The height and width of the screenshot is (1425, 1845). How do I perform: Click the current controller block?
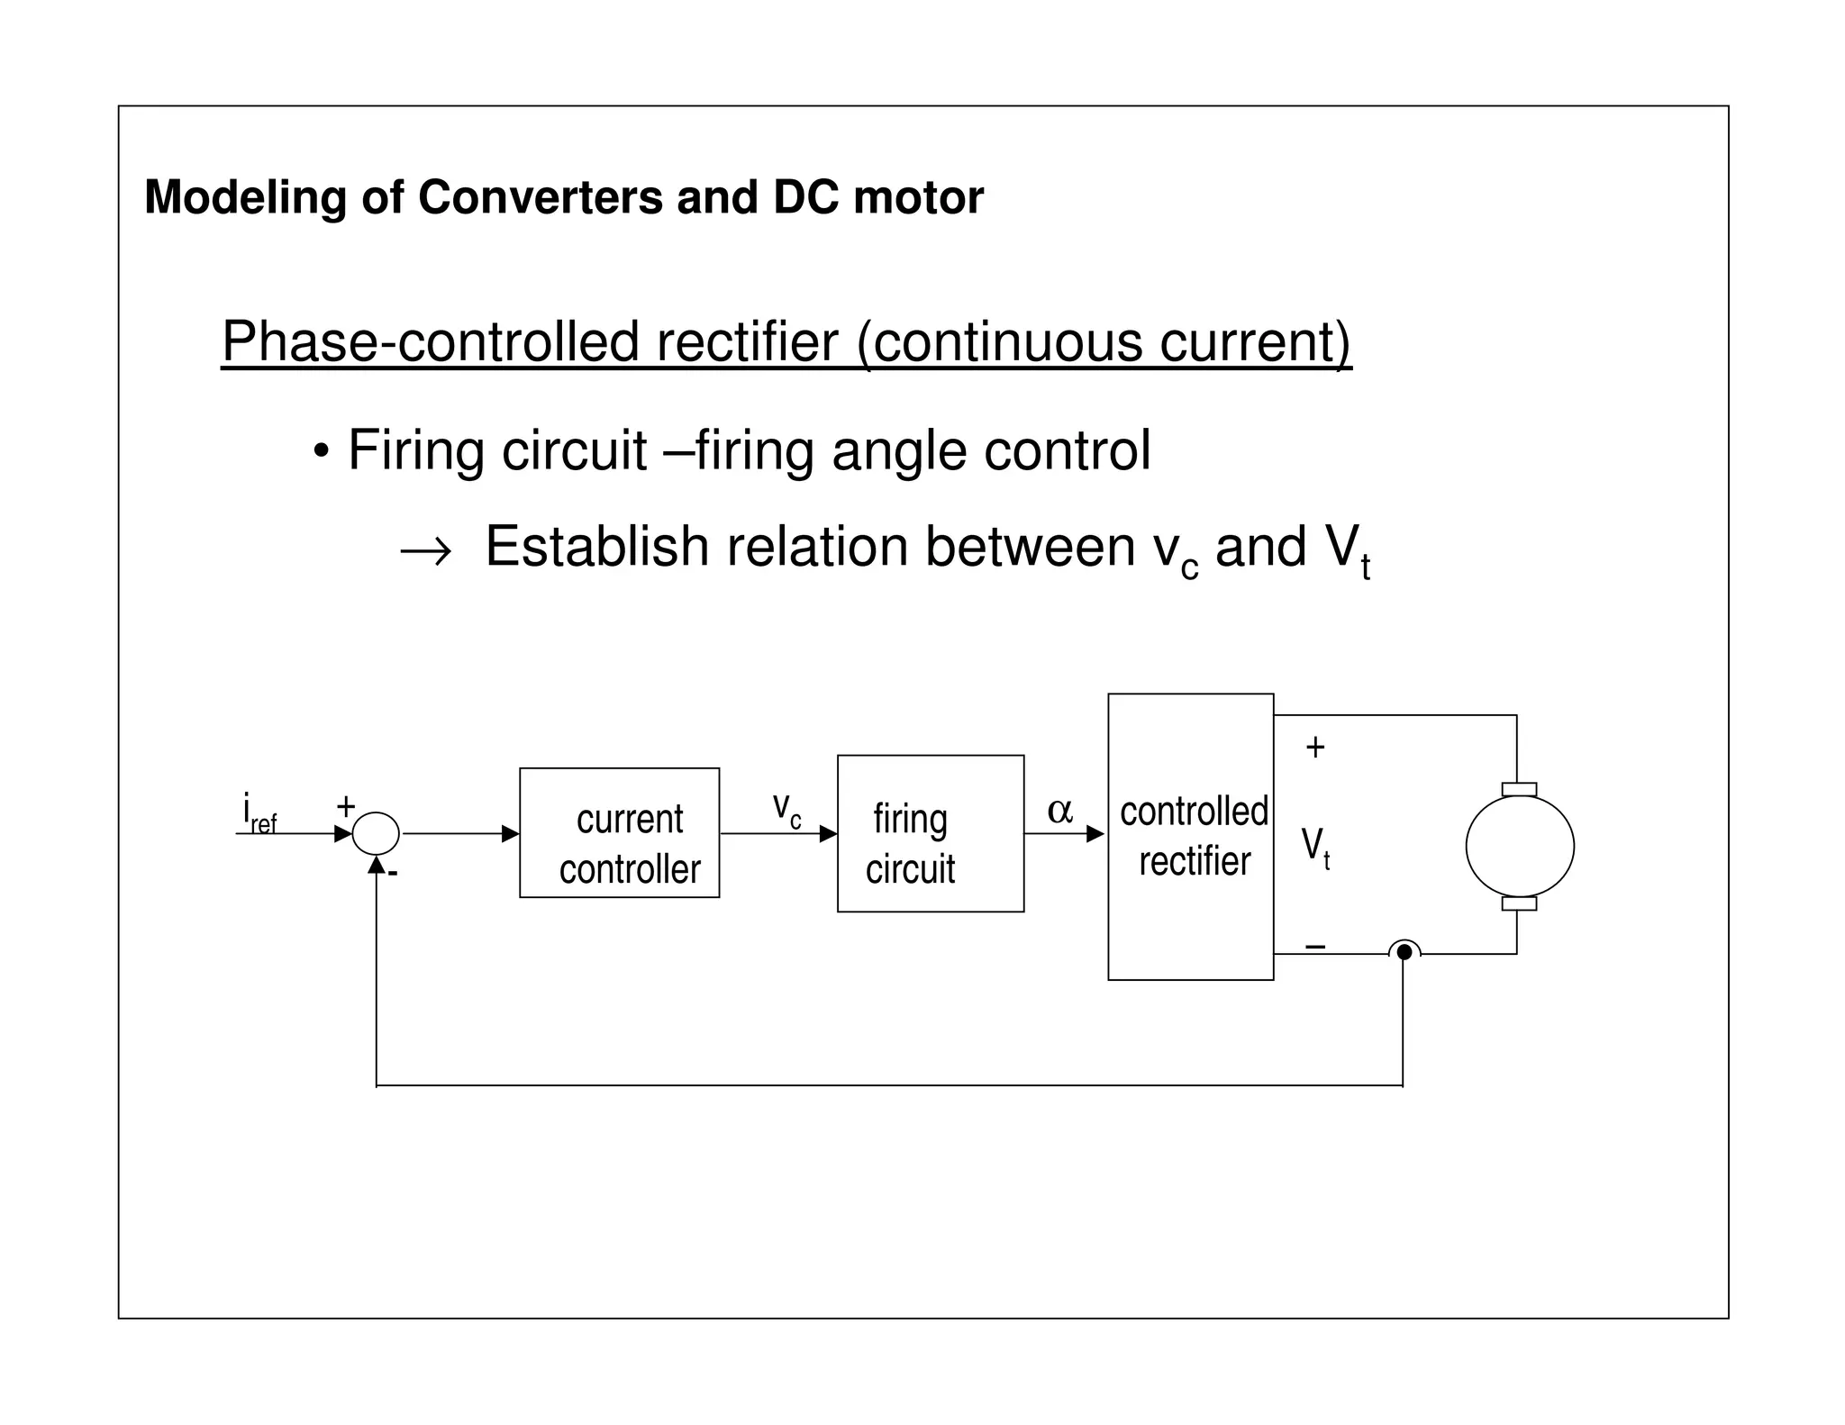pos(619,832)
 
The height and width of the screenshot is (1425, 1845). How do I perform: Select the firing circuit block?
pos(930,833)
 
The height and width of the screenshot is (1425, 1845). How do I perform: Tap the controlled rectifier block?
pos(1190,836)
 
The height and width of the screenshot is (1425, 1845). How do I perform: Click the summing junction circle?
pos(376,833)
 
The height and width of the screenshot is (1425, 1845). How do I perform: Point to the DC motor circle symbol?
pos(1519,846)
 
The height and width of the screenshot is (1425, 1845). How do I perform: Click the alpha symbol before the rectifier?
pos(1059,811)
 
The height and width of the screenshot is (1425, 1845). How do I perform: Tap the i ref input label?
pos(259,812)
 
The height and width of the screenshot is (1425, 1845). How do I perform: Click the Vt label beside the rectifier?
pos(1315,848)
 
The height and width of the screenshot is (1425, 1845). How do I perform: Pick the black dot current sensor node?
pos(1404,952)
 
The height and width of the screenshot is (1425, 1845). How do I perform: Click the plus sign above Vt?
pos(1314,747)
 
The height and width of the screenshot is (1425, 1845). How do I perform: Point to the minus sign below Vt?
pos(1314,946)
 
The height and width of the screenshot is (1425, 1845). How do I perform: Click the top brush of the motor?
pos(1519,789)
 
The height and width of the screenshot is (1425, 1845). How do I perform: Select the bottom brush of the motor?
pos(1519,903)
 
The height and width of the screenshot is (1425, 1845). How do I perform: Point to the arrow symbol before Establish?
pos(425,550)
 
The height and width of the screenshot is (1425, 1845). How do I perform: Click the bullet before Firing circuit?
pos(321,450)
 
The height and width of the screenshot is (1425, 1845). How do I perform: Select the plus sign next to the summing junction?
pos(345,805)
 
